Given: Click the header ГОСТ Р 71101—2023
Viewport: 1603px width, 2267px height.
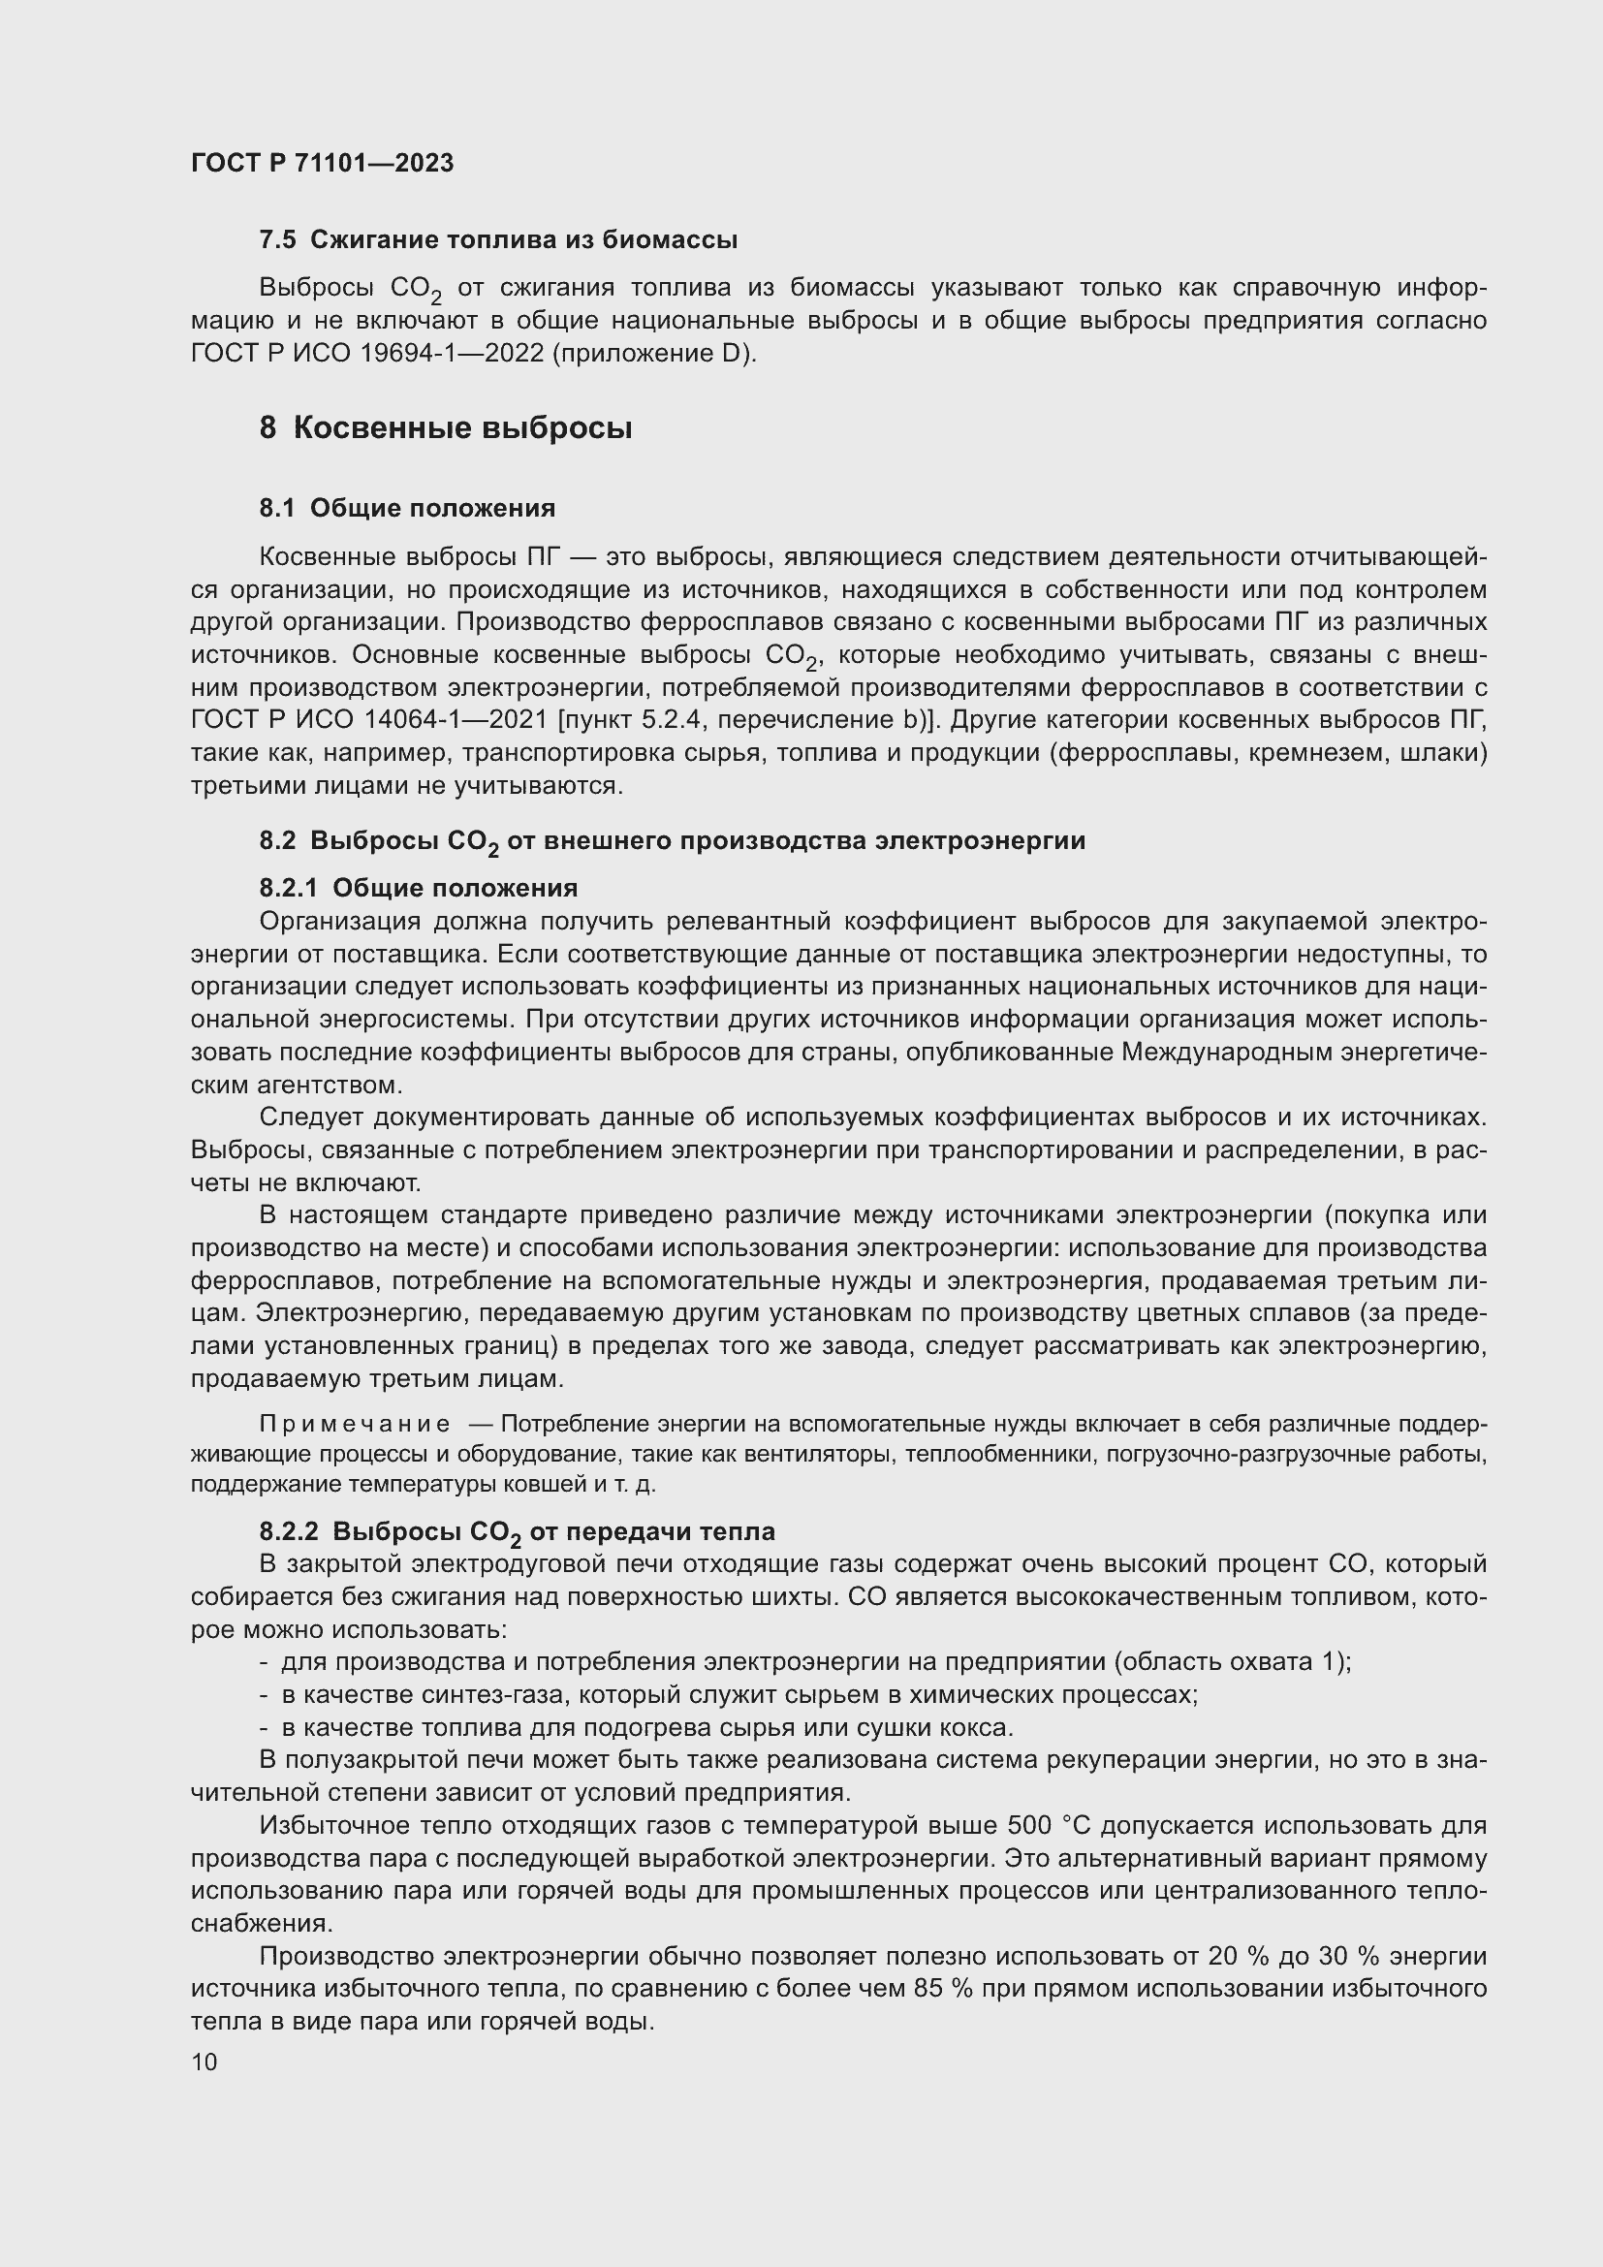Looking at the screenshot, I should pyautogui.click(x=322, y=164).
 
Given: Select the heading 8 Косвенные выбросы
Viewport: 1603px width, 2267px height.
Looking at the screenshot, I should pyautogui.click(x=445, y=428).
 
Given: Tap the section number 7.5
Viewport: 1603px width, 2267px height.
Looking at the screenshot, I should pyautogui.click(x=276, y=240).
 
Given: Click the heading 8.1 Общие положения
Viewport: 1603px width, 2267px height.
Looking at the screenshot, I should pyautogui.click(x=407, y=509).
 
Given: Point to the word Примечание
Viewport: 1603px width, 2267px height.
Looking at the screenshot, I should pyautogui.click(x=355, y=1424).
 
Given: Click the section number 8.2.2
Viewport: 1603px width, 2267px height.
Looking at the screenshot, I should pyautogui.click(x=288, y=1531).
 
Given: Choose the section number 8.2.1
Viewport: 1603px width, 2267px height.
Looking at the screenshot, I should pyautogui.click(x=288, y=888).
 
